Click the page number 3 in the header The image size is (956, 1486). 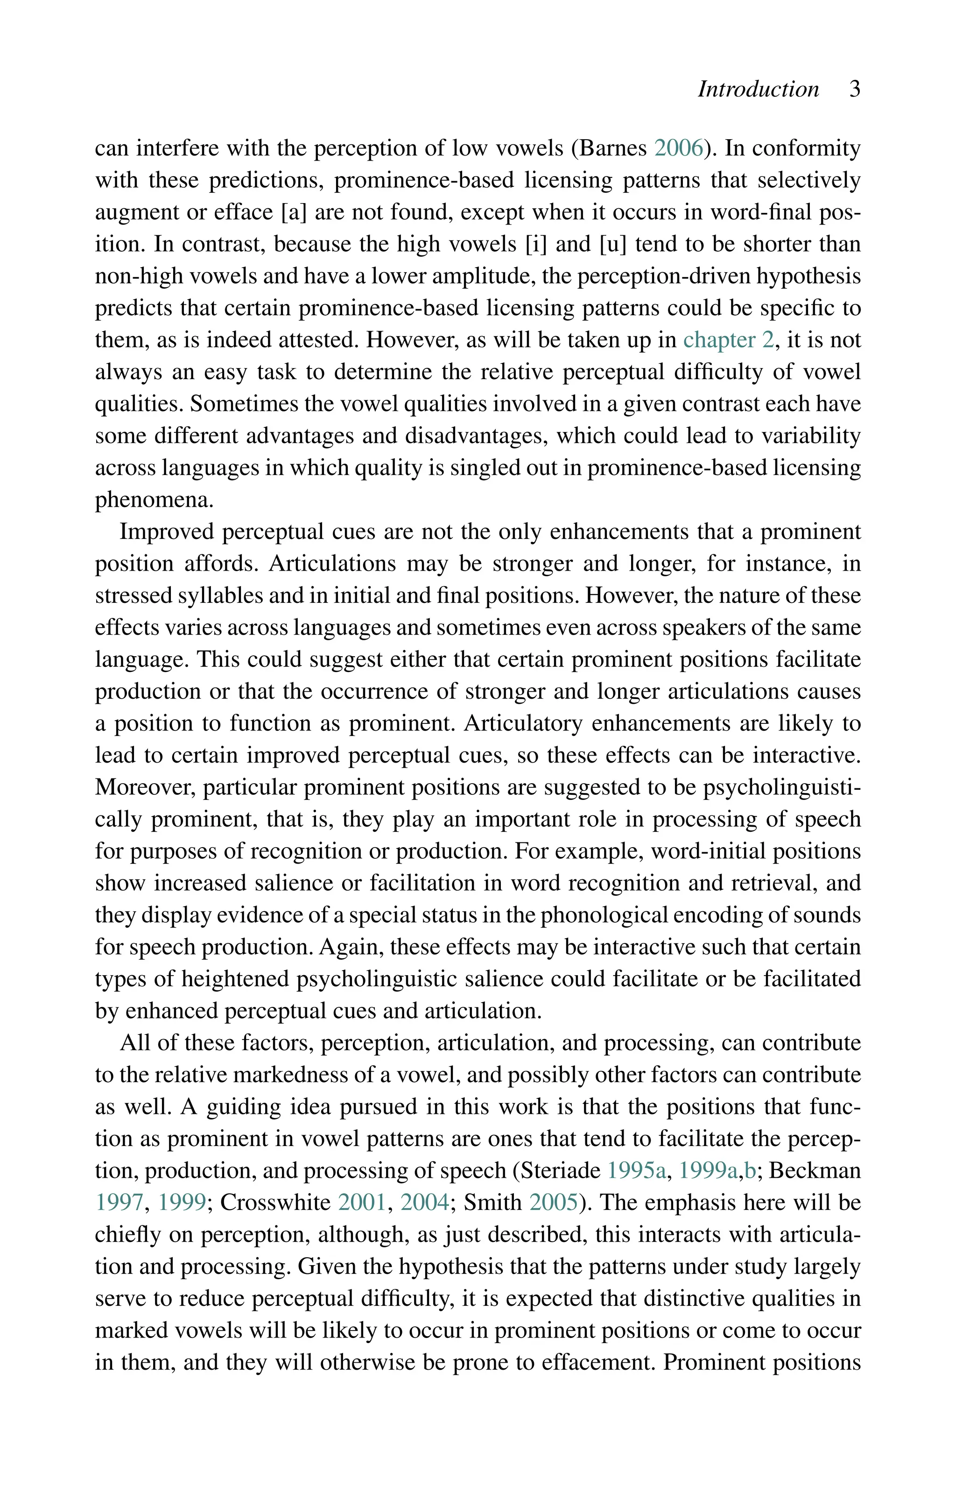[x=854, y=89]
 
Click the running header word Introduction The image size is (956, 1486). [x=758, y=89]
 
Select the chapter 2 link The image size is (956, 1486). [x=728, y=340]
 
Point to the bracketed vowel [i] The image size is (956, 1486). [x=536, y=244]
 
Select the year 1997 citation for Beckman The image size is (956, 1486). [x=119, y=1203]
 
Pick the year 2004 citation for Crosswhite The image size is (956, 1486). [x=425, y=1203]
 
